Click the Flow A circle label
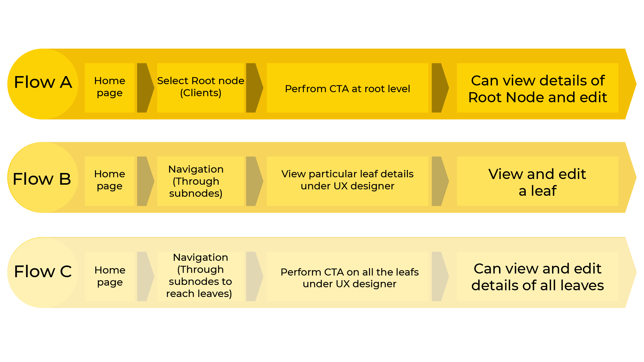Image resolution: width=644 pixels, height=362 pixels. [x=43, y=83]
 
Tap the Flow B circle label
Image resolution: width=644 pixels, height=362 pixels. [x=42, y=179]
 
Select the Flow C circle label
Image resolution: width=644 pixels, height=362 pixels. [x=43, y=272]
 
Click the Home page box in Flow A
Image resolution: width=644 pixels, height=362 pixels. [x=109, y=87]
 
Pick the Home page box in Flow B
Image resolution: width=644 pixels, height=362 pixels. [x=109, y=181]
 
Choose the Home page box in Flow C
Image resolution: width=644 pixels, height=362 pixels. [x=110, y=276]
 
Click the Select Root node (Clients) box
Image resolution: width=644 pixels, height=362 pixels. [x=201, y=87]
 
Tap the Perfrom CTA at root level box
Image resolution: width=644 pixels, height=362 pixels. [x=347, y=88]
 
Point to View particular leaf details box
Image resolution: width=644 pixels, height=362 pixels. [x=347, y=181]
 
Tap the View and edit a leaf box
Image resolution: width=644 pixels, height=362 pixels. [x=537, y=181]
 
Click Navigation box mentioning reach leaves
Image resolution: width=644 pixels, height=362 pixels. [x=200, y=276]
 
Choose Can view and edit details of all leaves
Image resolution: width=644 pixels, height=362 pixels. [x=537, y=277]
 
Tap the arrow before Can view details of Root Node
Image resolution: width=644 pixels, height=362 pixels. [x=439, y=88]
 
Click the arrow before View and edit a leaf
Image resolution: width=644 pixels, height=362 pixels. [x=439, y=181]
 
